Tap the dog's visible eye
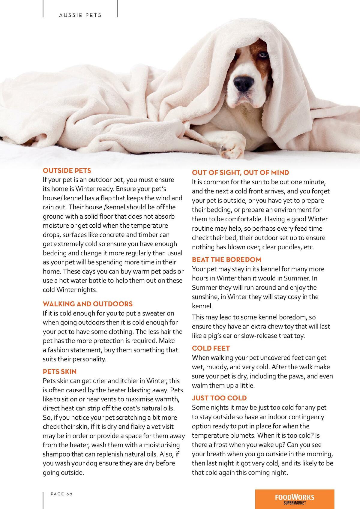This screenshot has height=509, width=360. [x=263, y=54]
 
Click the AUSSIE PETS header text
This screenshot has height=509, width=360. [x=80, y=15]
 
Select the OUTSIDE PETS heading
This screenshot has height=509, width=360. [x=67, y=171]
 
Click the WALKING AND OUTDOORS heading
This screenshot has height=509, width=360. [x=88, y=304]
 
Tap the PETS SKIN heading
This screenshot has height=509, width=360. [x=60, y=372]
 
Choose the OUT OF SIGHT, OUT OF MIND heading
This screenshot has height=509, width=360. [x=240, y=172]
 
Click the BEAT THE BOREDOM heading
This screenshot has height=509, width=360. [x=226, y=259]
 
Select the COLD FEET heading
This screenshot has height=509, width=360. [x=211, y=348]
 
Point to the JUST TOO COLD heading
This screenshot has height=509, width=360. [x=219, y=398]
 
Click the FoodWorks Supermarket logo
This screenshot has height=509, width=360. [x=294, y=499]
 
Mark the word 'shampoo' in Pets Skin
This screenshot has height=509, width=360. [x=55, y=454]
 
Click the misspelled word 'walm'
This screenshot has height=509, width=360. [x=200, y=385]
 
